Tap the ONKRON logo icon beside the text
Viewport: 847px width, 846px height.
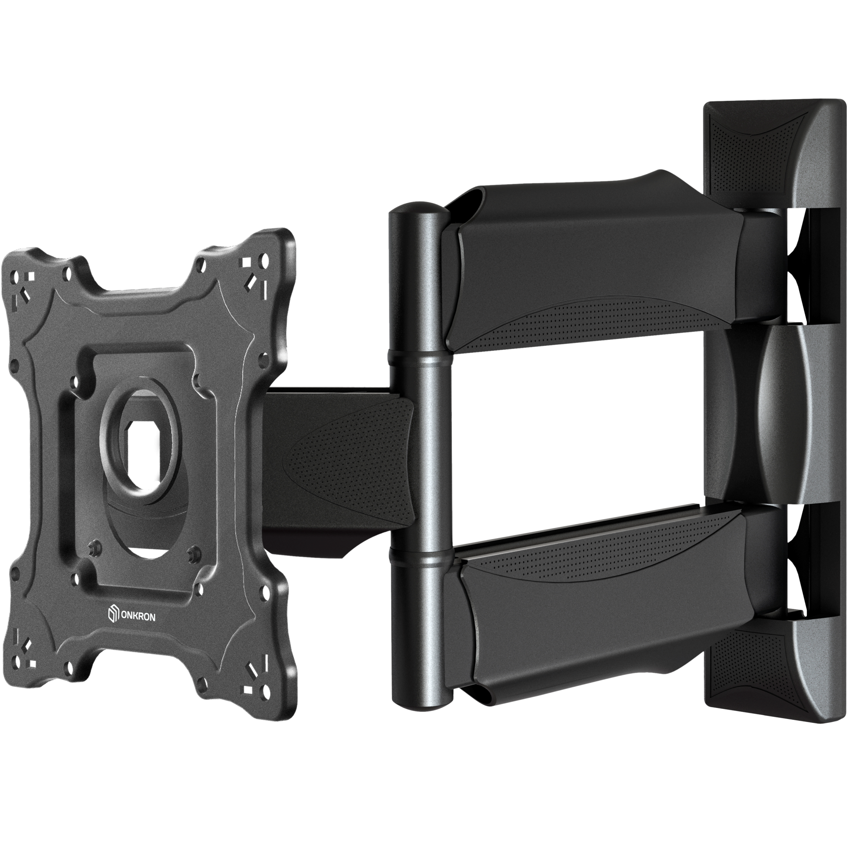113,613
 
